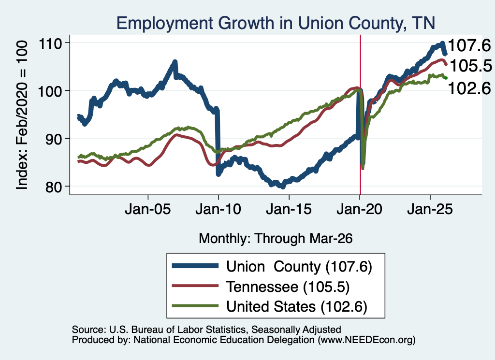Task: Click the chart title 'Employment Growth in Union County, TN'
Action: [276, 23]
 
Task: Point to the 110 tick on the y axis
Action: [50, 43]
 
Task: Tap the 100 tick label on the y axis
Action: [50, 91]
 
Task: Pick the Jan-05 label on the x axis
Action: [148, 209]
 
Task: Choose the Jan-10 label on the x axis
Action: [218, 209]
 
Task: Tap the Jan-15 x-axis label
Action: [289, 209]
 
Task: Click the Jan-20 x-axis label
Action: [360, 209]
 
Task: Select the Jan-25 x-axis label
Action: [430, 209]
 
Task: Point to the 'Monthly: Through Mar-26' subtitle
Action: [276, 239]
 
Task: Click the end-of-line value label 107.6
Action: [469, 45]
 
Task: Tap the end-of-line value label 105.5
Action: [471, 66]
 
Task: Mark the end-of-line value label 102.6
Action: [469, 88]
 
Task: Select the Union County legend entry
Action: [272, 267]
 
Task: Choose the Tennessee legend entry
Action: [261, 287]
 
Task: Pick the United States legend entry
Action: [270, 306]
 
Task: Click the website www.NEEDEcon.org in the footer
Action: [366, 340]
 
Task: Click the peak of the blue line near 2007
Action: [175, 62]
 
